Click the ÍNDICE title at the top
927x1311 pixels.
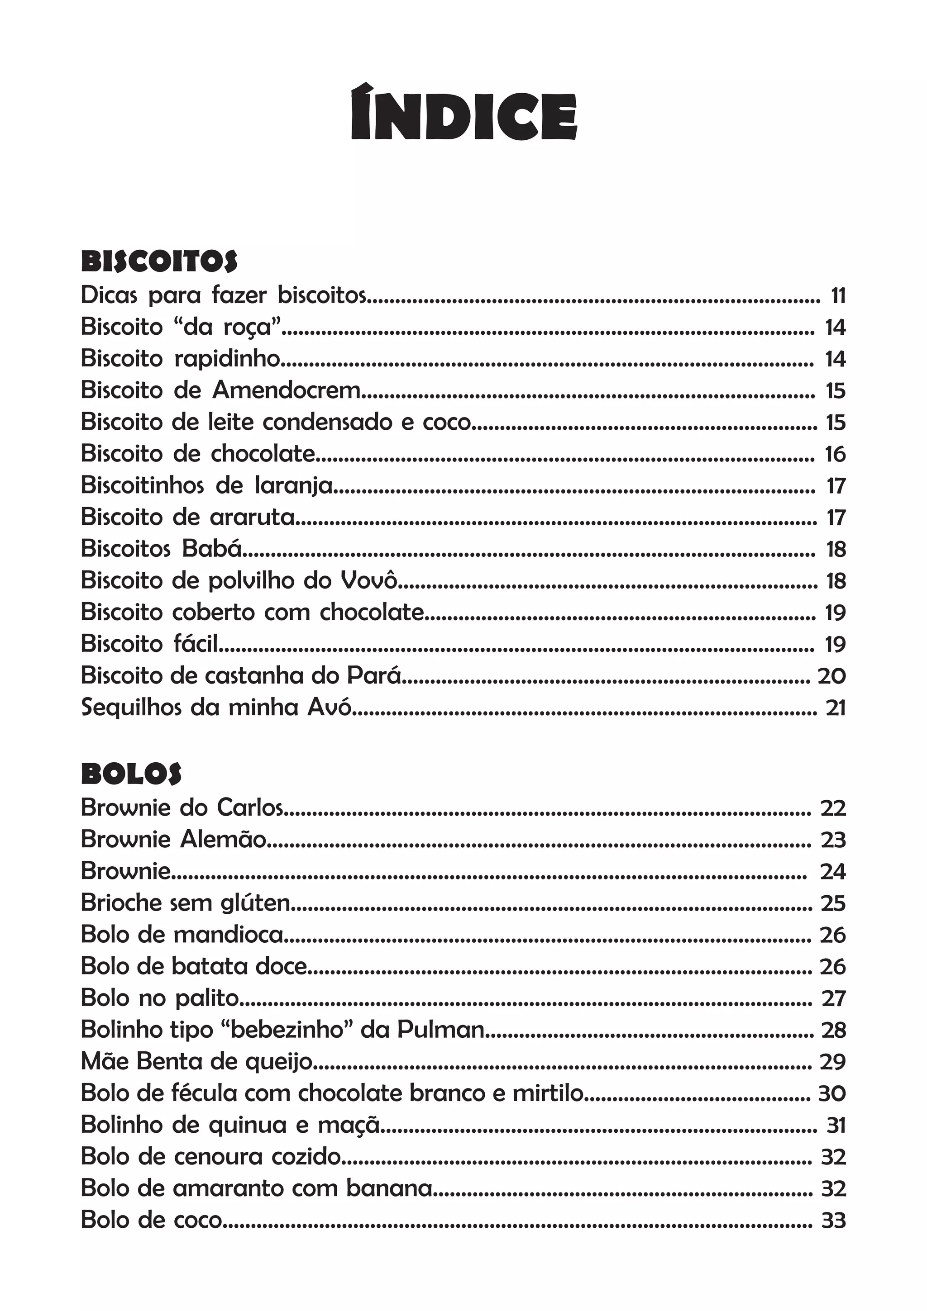(463, 113)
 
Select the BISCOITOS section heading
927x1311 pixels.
(159, 261)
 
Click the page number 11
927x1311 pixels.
(838, 296)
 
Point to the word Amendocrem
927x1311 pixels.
(286, 390)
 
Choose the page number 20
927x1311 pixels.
(831, 676)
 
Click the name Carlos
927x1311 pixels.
(249, 807)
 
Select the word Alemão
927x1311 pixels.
(223, 839)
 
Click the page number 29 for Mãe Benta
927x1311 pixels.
(833, 1061)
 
